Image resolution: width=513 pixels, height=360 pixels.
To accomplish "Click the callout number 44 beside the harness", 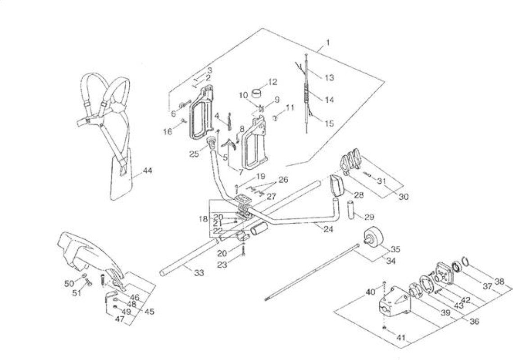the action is (x=148, y=171).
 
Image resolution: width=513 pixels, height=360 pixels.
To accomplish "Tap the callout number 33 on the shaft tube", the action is (x=199, y=272).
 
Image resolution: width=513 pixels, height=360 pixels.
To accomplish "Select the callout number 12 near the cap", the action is (x=272, y=82).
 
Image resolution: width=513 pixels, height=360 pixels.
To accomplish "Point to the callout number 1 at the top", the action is (x=328, y=42).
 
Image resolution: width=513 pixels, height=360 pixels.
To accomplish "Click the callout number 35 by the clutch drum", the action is (x=395, y=249).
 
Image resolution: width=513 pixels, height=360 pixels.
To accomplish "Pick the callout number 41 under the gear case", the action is (x=401, y=337).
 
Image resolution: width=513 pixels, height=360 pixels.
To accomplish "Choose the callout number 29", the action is (x=369, y=217).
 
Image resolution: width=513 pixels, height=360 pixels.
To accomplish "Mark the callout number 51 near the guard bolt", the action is (x=77, y=292).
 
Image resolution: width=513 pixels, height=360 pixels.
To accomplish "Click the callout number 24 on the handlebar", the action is (x=328, y=229).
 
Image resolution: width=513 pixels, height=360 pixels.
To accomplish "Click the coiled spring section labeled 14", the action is (x=306, y=93).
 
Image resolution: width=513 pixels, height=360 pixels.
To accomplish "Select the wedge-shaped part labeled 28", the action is (x=337, y=185).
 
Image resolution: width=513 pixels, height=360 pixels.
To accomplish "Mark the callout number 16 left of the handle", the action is (x=168, y=131).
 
